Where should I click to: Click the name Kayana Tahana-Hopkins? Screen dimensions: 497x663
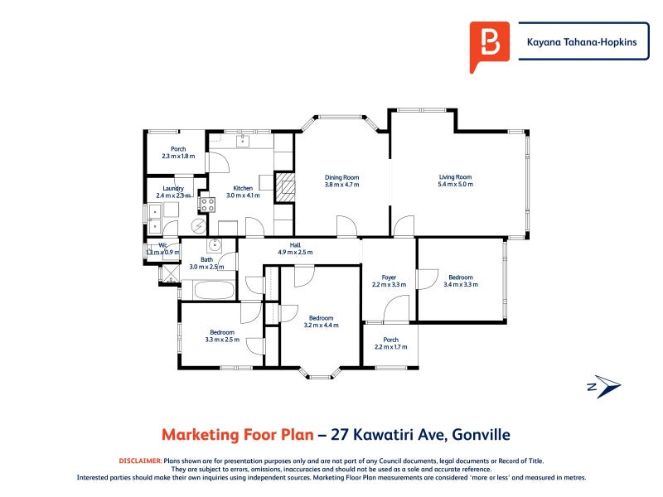(x=583, y=44)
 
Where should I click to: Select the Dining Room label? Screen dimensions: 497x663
(x=341, y=177)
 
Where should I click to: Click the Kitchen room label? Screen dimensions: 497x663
(x=243, y=188)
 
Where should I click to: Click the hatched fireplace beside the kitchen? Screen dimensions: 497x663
(x=284, y=186)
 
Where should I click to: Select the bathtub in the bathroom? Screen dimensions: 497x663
(x=214, y=290)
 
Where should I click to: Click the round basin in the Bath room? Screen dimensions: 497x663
(x=215, y=244)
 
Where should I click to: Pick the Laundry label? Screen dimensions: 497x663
(x=173, y=188)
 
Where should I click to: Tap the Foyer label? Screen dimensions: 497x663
(x=389, y=277)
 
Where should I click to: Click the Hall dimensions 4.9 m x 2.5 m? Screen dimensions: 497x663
(x=294, y=253)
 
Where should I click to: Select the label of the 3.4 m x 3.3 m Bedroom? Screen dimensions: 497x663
(x=461, y=277)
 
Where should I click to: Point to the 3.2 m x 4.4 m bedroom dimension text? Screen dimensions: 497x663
(x=321, y=326)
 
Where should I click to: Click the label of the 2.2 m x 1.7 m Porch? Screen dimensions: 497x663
(x=390, y=340)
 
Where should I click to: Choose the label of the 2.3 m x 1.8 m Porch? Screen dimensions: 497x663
(x=178, y=149)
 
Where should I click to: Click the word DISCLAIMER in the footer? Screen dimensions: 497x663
(x=140, y=460)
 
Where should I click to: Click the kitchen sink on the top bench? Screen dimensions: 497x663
(x=244, y=141)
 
